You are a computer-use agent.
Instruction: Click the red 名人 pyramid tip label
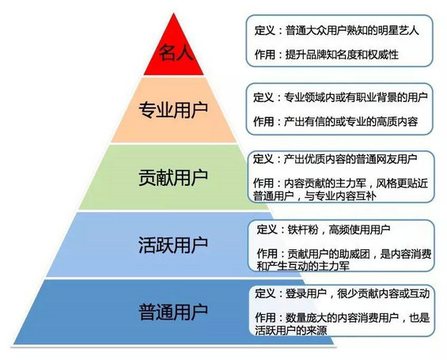click(176, 52)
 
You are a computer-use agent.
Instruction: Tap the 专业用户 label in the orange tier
click(173, 109)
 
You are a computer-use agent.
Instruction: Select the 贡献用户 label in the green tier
click(173, 177)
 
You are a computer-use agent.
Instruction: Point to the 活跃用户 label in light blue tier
click(173, 244)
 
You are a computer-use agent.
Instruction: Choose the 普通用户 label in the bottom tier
click(173, 312)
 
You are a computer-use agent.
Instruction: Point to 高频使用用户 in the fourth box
click(359, 229)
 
